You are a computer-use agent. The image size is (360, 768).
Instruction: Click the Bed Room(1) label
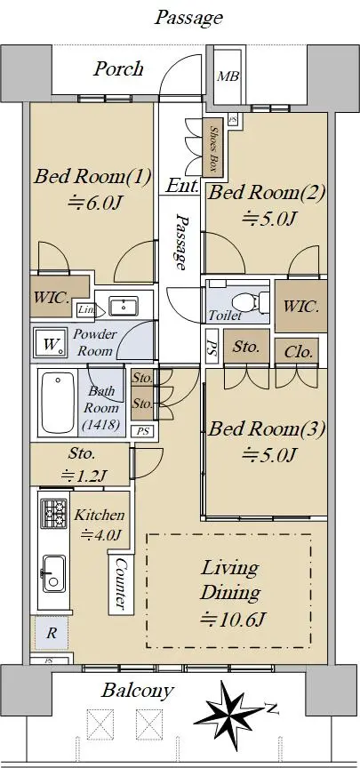click(x=92, y=176)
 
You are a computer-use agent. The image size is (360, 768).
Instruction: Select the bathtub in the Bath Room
click(x=58, y=403)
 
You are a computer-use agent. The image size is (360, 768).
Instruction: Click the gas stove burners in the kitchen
click(x=53, y=512)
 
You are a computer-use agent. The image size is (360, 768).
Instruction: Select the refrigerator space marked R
click(x=51, y=632)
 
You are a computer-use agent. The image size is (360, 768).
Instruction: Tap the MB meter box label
click(x=228, y=76)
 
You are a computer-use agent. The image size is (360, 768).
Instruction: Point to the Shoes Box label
click(x=213, y=148)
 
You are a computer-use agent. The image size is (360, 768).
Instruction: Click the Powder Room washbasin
click(x=124, y=307)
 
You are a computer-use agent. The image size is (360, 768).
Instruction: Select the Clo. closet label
click(x=297, y=352)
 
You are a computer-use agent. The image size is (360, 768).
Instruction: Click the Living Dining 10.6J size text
click(x=233, y=620)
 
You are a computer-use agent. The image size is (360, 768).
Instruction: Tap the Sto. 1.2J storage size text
click(x=83, y=475)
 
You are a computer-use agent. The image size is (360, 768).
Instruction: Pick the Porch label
click(x=118, y=68)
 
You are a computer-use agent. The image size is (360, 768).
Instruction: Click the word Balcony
click(x=137, y=690)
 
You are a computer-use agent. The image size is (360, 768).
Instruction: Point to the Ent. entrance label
click(x=182, y=186)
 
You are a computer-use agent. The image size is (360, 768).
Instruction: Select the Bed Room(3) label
click(x=267, y=429)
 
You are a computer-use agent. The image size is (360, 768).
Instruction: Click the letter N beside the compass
click(x=271, y=707)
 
